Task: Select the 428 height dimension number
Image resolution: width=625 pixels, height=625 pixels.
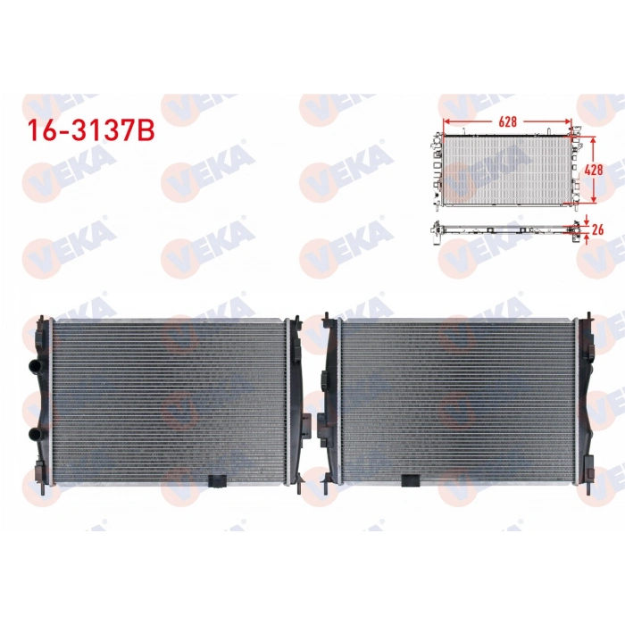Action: tap(593, 168)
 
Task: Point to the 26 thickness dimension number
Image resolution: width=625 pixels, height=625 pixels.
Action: tap(598, 229)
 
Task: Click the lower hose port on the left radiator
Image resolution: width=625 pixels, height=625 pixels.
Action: tap(36, 434)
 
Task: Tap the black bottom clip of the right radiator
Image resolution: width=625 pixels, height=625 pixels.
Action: tap(410, 479)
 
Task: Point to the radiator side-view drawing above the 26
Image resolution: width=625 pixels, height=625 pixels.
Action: tap(505, 228)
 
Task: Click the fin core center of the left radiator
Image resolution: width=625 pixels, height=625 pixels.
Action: tap(168, 400)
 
